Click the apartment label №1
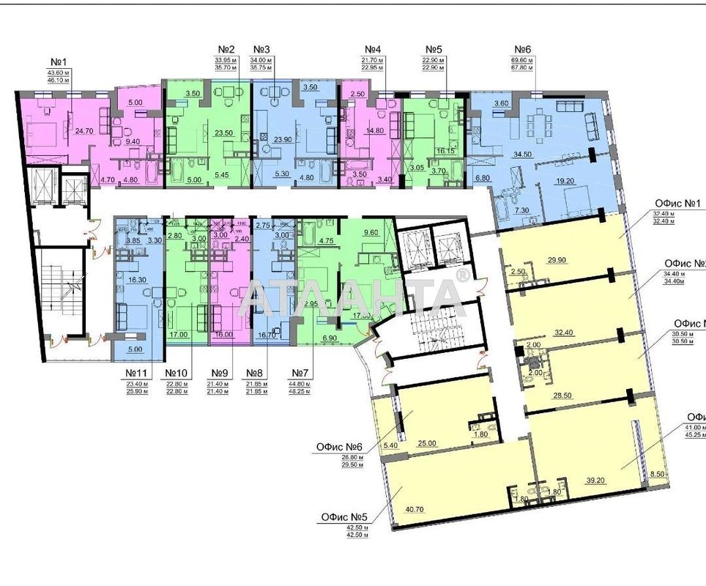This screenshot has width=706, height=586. (59, 62)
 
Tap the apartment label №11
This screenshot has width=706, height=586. (136, 373)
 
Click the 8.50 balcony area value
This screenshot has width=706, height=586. (658, 475)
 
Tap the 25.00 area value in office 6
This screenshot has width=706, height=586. (428, 443)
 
